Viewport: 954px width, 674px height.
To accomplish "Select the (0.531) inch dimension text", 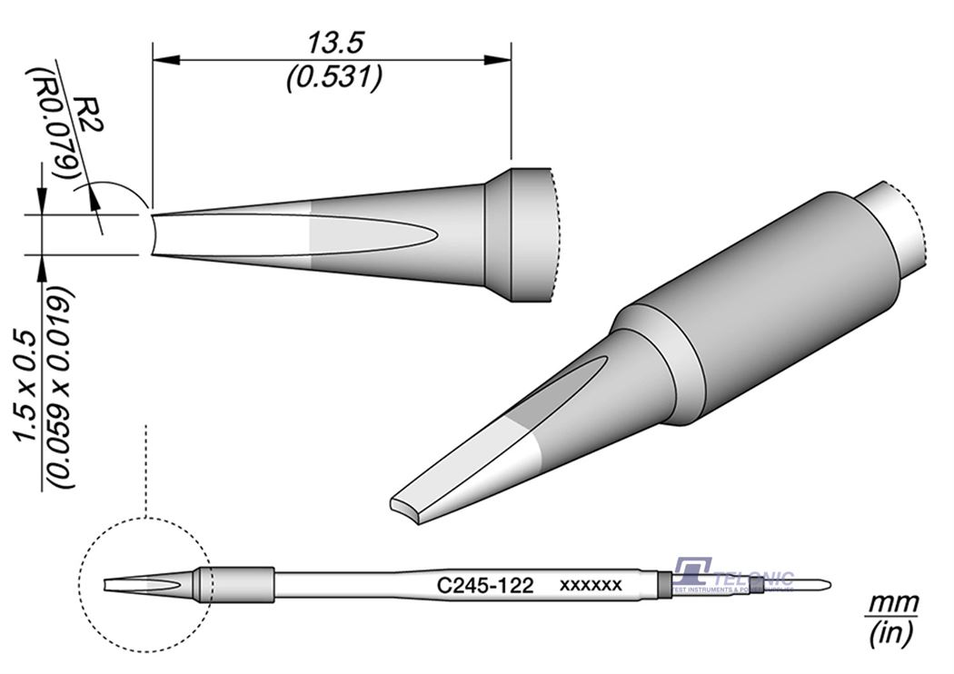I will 332,78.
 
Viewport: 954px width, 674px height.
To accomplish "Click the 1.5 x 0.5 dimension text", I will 25,385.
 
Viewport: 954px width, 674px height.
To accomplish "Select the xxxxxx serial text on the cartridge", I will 591,586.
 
